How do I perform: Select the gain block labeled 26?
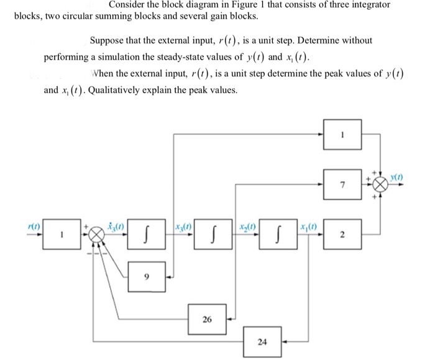(207, 319)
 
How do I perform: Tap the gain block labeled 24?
(262, 341)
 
